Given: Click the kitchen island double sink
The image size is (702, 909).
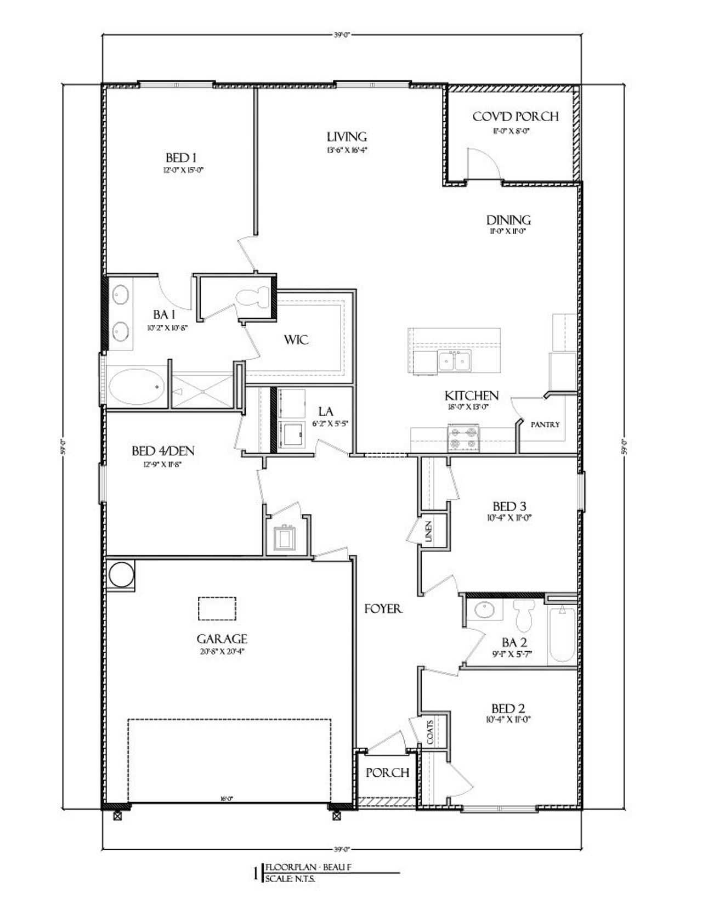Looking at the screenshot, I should [454, 362].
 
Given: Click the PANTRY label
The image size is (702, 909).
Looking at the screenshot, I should [545, 424].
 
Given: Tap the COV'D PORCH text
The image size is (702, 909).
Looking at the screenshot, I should [515, 117].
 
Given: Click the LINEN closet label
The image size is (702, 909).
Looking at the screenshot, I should [429, 532].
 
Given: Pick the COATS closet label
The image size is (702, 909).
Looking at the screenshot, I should [429, 732].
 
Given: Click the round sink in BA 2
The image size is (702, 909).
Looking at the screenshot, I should [484, 610].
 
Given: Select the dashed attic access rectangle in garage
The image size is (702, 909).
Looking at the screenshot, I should [217, 608].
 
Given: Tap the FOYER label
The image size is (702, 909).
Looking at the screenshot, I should [384, 609].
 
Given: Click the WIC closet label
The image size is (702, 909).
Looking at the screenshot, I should [296, 340].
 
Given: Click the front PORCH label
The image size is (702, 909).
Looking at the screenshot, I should [387, 772].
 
